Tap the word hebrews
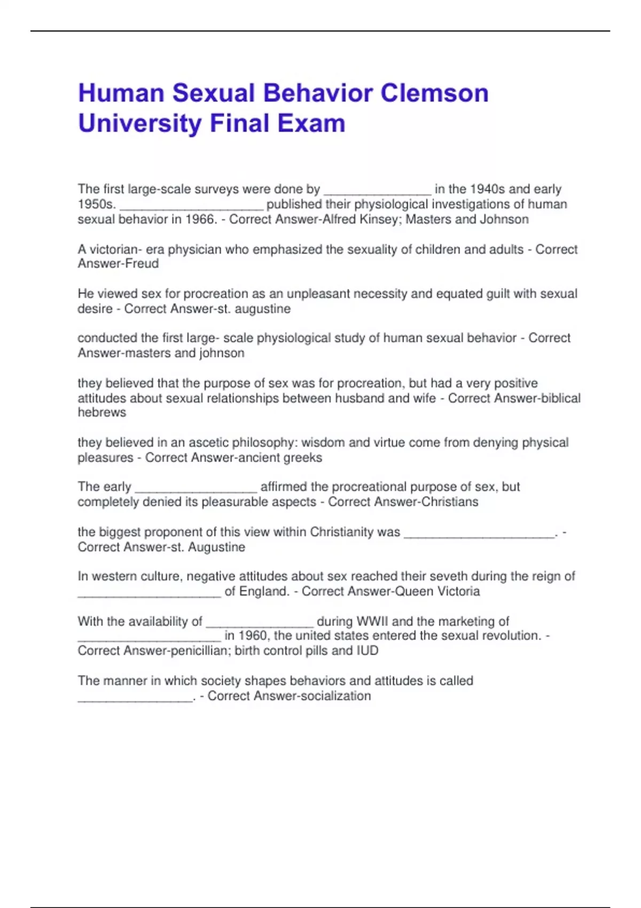[x=101, y=412]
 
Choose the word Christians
[x=450, y=502]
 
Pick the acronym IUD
[x=367, y=651]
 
